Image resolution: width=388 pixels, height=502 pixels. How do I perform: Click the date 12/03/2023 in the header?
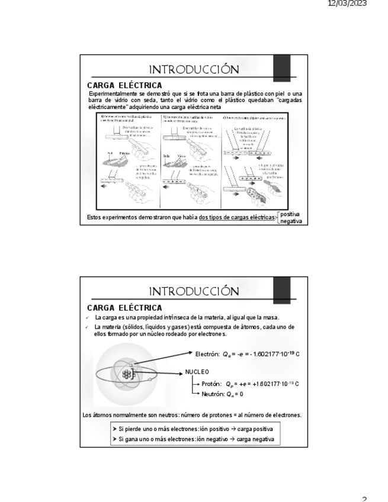(x=347, y=4)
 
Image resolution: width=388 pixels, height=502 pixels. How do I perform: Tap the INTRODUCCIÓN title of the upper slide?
(x=194, y=70)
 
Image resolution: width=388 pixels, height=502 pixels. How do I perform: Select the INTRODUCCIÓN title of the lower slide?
(x=194, y=292)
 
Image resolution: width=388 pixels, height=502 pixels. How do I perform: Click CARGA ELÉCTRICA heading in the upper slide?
(x=124, y=86)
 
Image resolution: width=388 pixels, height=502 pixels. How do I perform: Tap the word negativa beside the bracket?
(x=291, y=221)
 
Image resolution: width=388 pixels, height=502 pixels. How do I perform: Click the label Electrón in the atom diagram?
(x=207, y=354)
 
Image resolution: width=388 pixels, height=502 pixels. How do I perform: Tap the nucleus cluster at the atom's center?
(x=126, y=374)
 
